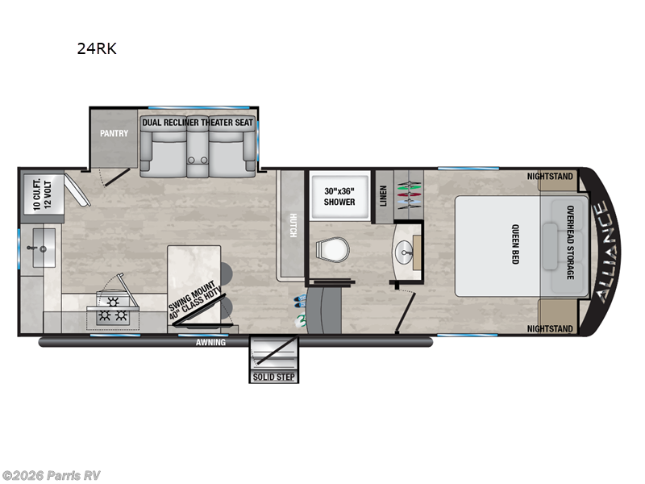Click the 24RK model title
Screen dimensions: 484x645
(x=97, y=48)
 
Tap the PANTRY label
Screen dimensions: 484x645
(x=114, y=133)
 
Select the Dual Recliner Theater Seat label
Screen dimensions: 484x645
(x=198, y=123)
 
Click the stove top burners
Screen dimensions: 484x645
(x=112, y=311)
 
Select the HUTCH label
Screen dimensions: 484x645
(x=292, y=225)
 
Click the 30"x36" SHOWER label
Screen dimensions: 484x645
(x=339, y=196)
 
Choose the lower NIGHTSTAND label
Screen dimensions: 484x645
(x=550, y=329)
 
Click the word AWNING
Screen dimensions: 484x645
(x=210, y=342)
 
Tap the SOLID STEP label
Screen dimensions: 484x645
(x=275, y=377)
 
